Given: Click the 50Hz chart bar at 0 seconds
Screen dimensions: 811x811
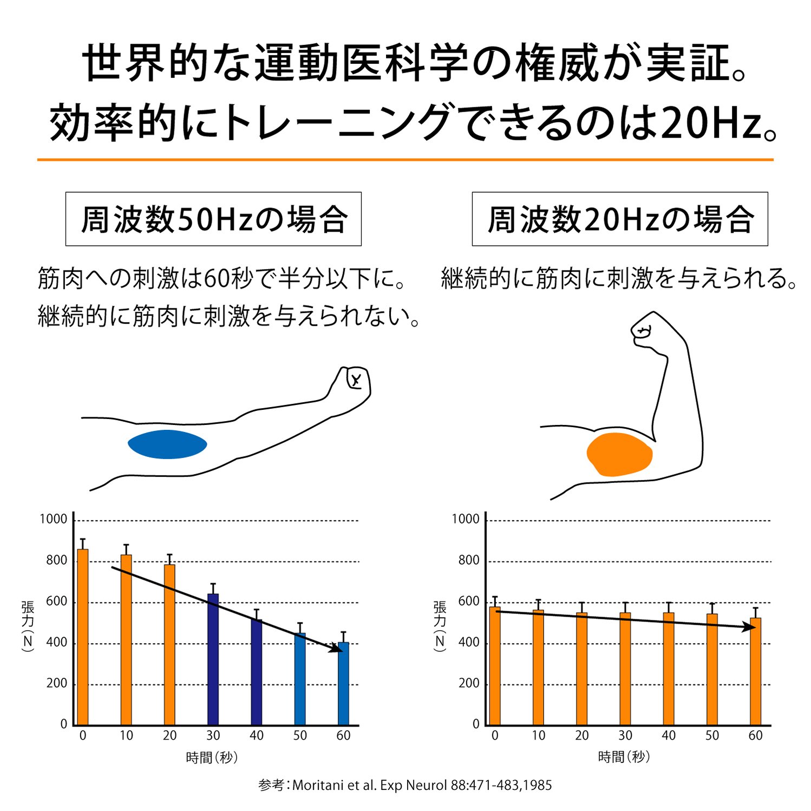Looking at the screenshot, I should coord(83,637).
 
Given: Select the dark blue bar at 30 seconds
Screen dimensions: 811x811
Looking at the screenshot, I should coord(213,659).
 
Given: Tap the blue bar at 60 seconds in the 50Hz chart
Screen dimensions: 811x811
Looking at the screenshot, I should coord(343,683).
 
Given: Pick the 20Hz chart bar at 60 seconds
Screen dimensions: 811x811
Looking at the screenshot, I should coord(755,671).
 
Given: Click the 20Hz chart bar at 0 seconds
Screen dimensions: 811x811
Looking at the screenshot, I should coord(495,665).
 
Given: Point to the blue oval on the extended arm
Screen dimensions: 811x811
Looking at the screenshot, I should coord(167,444).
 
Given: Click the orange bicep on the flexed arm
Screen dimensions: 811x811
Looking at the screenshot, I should coord(619,454).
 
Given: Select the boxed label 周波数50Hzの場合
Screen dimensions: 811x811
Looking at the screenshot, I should coord(213,219).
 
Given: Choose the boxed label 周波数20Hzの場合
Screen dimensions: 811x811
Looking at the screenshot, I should coord(620,219).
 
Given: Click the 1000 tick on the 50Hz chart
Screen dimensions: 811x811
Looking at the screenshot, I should coord(53,519).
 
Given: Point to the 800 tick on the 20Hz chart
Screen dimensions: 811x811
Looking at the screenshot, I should coord(469,560).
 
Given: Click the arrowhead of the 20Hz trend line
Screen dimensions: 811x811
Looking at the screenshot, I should coord(749,627).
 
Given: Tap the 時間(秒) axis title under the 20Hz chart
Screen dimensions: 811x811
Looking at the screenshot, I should coord(624,757).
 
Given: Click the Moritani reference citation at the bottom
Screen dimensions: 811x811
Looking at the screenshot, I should coord(405,786).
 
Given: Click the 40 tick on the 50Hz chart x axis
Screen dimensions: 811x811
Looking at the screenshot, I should coord(256,736).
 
